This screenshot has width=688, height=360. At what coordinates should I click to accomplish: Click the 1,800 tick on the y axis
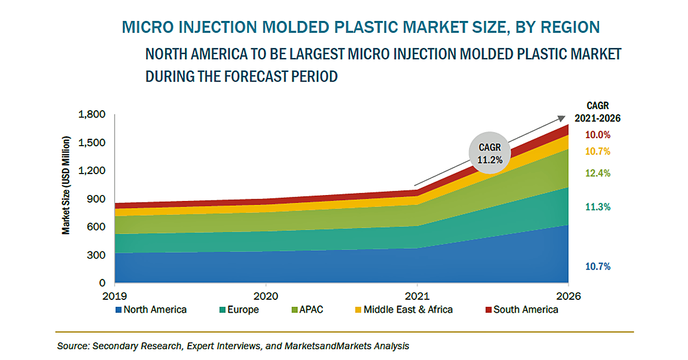(92, 114)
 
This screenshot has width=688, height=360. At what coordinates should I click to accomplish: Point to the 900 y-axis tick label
(97, 199)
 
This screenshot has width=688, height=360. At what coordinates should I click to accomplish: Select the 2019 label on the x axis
(114, 296)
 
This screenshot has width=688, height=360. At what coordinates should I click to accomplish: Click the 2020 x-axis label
(266, 296)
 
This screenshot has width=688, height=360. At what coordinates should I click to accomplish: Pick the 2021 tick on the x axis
(417, 296)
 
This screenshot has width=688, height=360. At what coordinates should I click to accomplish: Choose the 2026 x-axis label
(569, 296)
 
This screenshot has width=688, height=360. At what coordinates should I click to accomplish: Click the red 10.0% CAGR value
(598, 135)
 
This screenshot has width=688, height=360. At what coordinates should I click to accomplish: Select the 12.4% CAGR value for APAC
(598, 173)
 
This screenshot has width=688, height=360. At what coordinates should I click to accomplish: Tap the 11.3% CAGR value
(598, 207)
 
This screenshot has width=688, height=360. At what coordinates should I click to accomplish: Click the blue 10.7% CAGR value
(598, 267)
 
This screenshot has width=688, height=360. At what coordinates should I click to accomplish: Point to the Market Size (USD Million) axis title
(66, 186)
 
